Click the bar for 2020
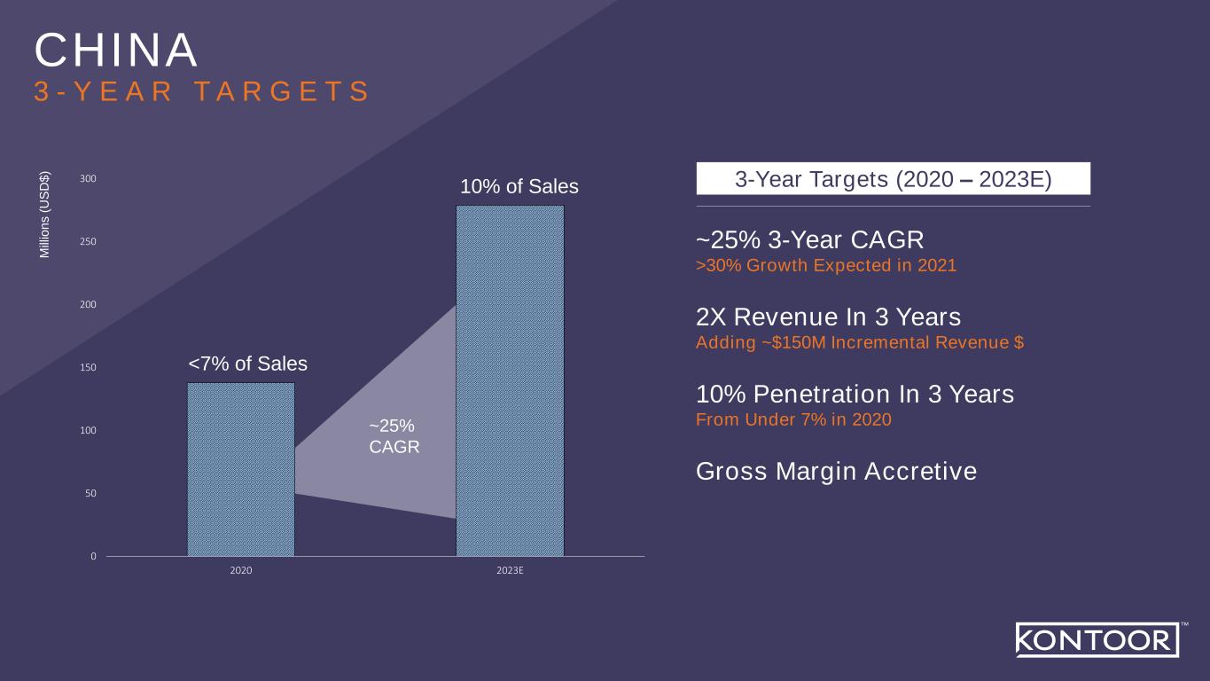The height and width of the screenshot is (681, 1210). coord(241,469)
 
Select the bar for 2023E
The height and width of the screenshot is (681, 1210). coord(510,380)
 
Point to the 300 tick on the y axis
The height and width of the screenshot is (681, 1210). coord(88,179)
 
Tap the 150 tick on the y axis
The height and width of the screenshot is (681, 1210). coord(88,367)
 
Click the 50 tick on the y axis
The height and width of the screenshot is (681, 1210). coord(90,493)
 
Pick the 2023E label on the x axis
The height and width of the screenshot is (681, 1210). coord(510,570)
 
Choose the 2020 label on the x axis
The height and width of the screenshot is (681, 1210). coord(241,570)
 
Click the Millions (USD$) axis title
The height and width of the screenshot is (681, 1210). coord(44,215)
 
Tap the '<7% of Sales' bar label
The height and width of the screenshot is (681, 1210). coord(248,364)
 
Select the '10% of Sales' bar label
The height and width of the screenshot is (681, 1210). coord(519,186)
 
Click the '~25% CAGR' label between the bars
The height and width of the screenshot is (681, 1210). coord(394,436)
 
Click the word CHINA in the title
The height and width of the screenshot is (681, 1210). coord(116,50)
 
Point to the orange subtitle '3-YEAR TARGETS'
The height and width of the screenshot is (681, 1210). coord(202,90)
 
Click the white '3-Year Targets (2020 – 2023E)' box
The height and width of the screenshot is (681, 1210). coord(893,178)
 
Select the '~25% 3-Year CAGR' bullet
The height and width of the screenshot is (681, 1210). coord(809,240)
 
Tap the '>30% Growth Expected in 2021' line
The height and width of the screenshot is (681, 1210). coord(826,265)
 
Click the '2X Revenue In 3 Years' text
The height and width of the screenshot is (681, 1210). coord(828,317)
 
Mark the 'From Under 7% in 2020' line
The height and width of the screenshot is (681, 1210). coord(793,419)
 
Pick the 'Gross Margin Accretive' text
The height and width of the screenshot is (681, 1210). coord(836,472)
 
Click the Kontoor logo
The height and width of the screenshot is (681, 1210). coord(1097,640)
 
